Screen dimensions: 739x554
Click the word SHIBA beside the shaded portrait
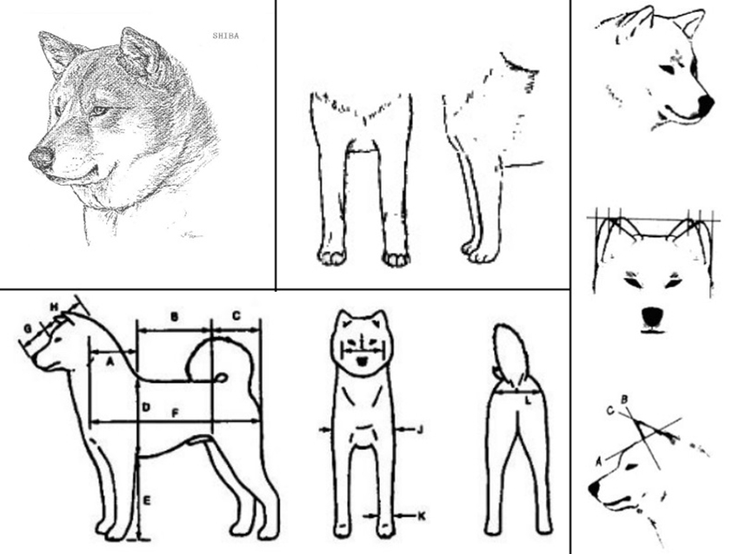[226, 36]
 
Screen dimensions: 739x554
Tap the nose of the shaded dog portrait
[40, 157]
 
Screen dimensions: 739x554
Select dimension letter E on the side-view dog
[147, 501]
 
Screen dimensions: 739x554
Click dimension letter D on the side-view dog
[146, 406]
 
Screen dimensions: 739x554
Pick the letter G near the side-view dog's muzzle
[28, 329]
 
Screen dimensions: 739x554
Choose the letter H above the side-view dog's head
[54, 307]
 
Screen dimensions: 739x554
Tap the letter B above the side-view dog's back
[175, 316]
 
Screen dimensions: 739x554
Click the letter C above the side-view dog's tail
[236, 315]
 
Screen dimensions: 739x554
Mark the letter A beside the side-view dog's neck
[110, 361]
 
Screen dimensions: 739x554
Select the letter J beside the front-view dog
[421, 429]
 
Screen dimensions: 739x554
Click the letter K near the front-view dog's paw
[422, 517]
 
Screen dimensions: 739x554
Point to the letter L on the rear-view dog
[528, 400]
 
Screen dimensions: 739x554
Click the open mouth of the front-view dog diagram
[362, 361]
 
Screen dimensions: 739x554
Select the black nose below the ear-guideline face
[653, 317]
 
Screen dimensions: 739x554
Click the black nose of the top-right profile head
[706, 105]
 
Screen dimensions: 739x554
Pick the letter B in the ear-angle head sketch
[624, 400]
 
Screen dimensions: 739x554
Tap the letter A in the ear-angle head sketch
[599, 462]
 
